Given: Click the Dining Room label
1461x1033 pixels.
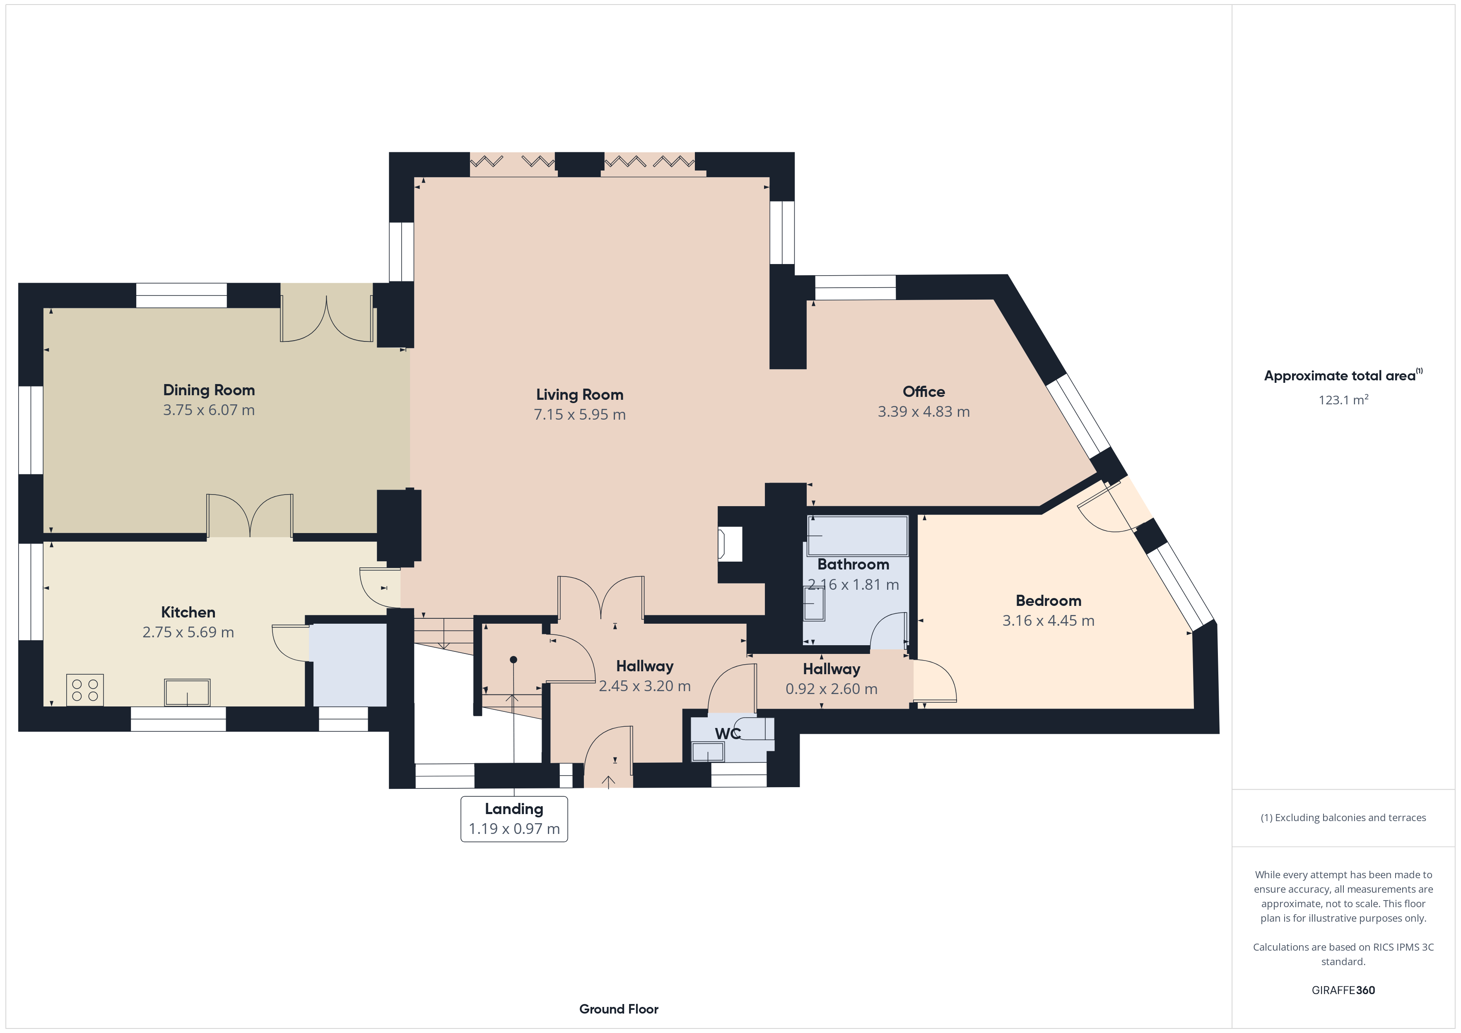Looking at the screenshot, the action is [x=209, y=390].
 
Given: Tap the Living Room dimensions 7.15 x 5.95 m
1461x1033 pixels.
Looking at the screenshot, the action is [x=580, y=415].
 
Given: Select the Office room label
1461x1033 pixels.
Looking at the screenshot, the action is [x=924, y=392].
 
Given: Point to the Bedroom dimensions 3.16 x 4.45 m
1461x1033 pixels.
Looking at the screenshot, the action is [x=1049, y=621].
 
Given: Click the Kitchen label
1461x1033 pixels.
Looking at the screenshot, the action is [x=188, y=613].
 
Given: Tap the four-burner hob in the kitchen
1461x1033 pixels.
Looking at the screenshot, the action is [x=84, y=690].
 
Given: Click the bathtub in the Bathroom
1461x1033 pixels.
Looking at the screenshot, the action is [x=858, y=536].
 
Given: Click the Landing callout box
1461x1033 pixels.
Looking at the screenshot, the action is [x=514, y=819].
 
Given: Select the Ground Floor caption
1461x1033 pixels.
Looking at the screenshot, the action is [x=619, y=1009].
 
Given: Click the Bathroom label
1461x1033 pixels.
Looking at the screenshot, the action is [x=853, y=564].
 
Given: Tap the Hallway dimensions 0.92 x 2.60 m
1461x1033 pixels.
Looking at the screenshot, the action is [x=832, y=689].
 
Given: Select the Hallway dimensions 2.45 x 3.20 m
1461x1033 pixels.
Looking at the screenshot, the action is [x=645, y=686].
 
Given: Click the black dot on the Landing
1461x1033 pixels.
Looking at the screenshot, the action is [x=514, y=660].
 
